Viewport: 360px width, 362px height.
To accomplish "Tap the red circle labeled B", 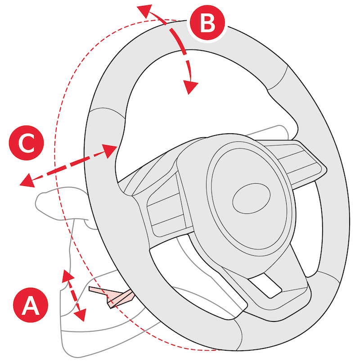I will (207, 23).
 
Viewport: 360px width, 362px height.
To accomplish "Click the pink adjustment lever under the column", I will (112, 297).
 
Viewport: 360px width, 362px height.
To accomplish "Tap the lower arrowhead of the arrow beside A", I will (81, 316).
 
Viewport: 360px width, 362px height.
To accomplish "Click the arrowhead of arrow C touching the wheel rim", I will (111, 149).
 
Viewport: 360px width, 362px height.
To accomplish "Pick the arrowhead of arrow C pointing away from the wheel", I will (26, 181).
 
